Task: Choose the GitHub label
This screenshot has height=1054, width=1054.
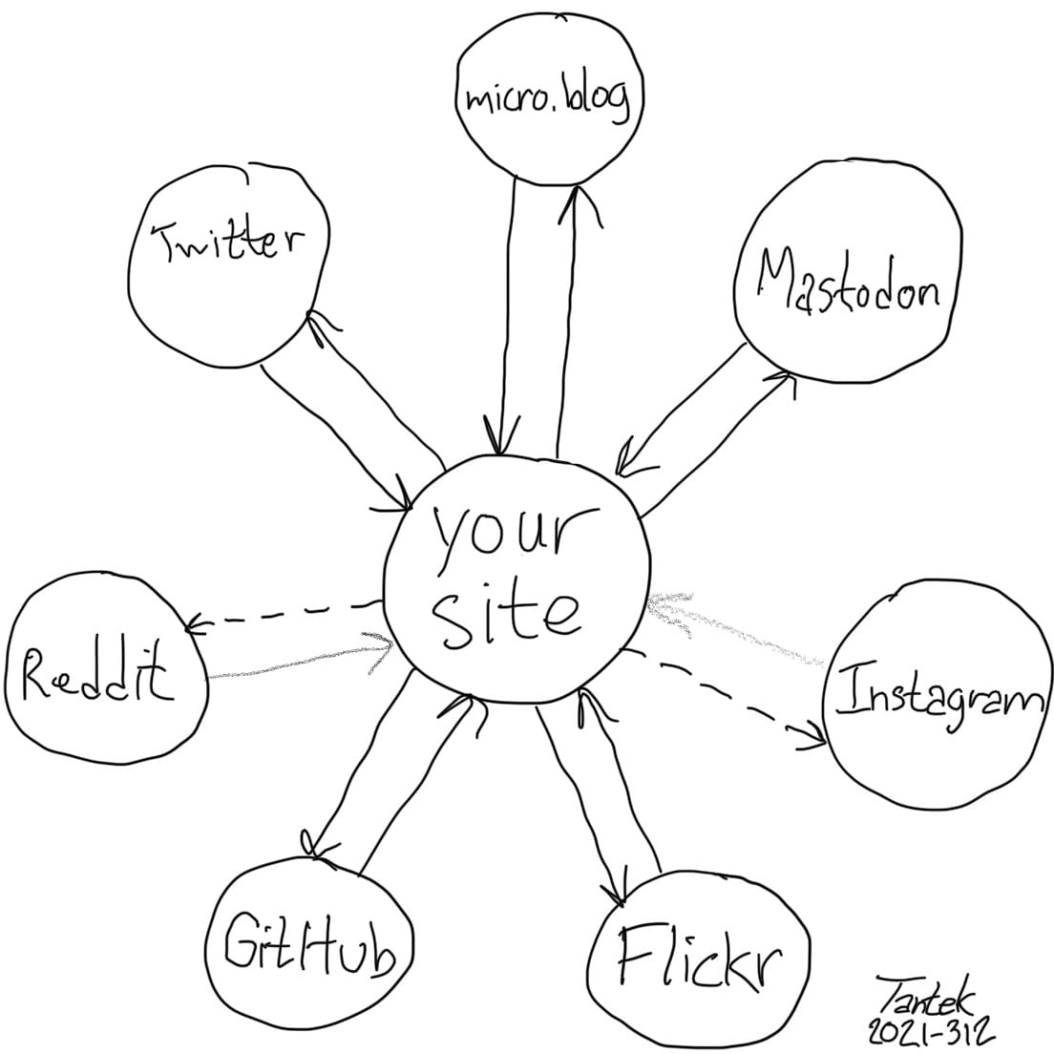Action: pos(308,947)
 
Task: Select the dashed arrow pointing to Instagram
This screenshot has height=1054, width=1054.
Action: pos(726,692)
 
